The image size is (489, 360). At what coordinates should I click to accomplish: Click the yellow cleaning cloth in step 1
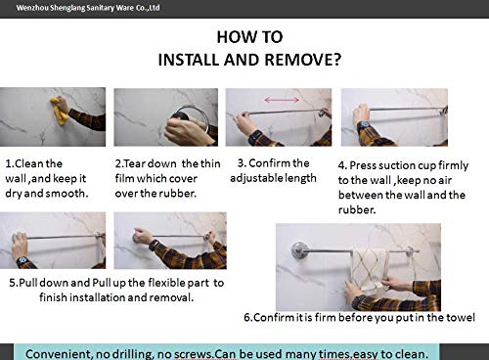click(x=60, y=111)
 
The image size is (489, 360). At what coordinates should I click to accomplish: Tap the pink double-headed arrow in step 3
click(x=282, y=100)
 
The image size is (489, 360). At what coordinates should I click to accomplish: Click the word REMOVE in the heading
click(x=302, y=60)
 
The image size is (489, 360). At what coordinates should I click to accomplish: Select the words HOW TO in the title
click(x=249, y=37)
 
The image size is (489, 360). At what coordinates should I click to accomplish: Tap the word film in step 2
click(x=124, y=178)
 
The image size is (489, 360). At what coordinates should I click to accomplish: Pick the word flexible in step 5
click(x=166, y=283)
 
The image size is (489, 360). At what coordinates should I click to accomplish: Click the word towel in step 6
click(x=461, y=317)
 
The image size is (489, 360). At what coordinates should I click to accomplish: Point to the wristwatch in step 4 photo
click(x=364, y=125)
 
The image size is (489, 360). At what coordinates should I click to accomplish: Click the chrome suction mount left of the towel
click(x=299, y=250)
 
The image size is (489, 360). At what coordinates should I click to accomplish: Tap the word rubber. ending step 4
click(x=357, y=209)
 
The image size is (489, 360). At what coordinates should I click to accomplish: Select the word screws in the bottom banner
click(x=194, y=354)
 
